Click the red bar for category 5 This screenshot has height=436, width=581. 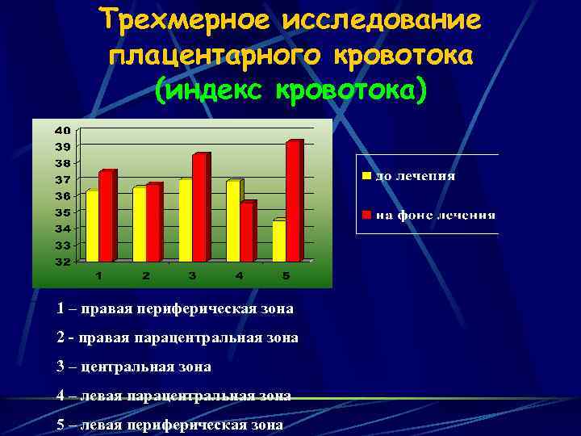(293, 202)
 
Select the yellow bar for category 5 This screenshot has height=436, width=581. (278, 241)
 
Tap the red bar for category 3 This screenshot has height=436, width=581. (199, 208)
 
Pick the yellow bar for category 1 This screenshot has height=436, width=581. (92, 226)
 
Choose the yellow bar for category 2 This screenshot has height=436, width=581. (139, 224)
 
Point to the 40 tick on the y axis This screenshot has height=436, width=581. (62, 130)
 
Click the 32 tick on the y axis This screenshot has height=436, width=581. (62, 262)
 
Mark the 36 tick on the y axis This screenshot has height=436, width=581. (62, 196)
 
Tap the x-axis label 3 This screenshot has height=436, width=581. (192, 276)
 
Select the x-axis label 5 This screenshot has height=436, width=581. (285, 276)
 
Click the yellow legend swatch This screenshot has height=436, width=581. (366, 175)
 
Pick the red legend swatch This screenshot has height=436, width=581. (366, 215)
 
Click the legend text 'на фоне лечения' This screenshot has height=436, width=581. (435, 215)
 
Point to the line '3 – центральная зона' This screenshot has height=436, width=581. (134, 367)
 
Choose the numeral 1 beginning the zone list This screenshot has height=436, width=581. (61, 308)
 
